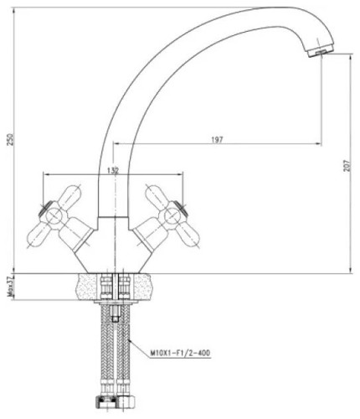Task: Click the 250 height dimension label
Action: [x=10, y=140]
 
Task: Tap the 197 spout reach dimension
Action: [x=217, y=140]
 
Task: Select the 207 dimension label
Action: [x=347, y=166]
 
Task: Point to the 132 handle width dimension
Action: [x=113, y=170]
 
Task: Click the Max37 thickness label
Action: [x=11, y=287]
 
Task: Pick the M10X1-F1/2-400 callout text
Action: [x=180, y=353]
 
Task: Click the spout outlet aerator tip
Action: [x=320, y=53]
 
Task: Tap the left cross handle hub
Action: [x=54, y=216]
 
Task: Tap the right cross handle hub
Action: [x=172, y=216]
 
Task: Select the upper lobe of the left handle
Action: [x=70, y=194]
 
